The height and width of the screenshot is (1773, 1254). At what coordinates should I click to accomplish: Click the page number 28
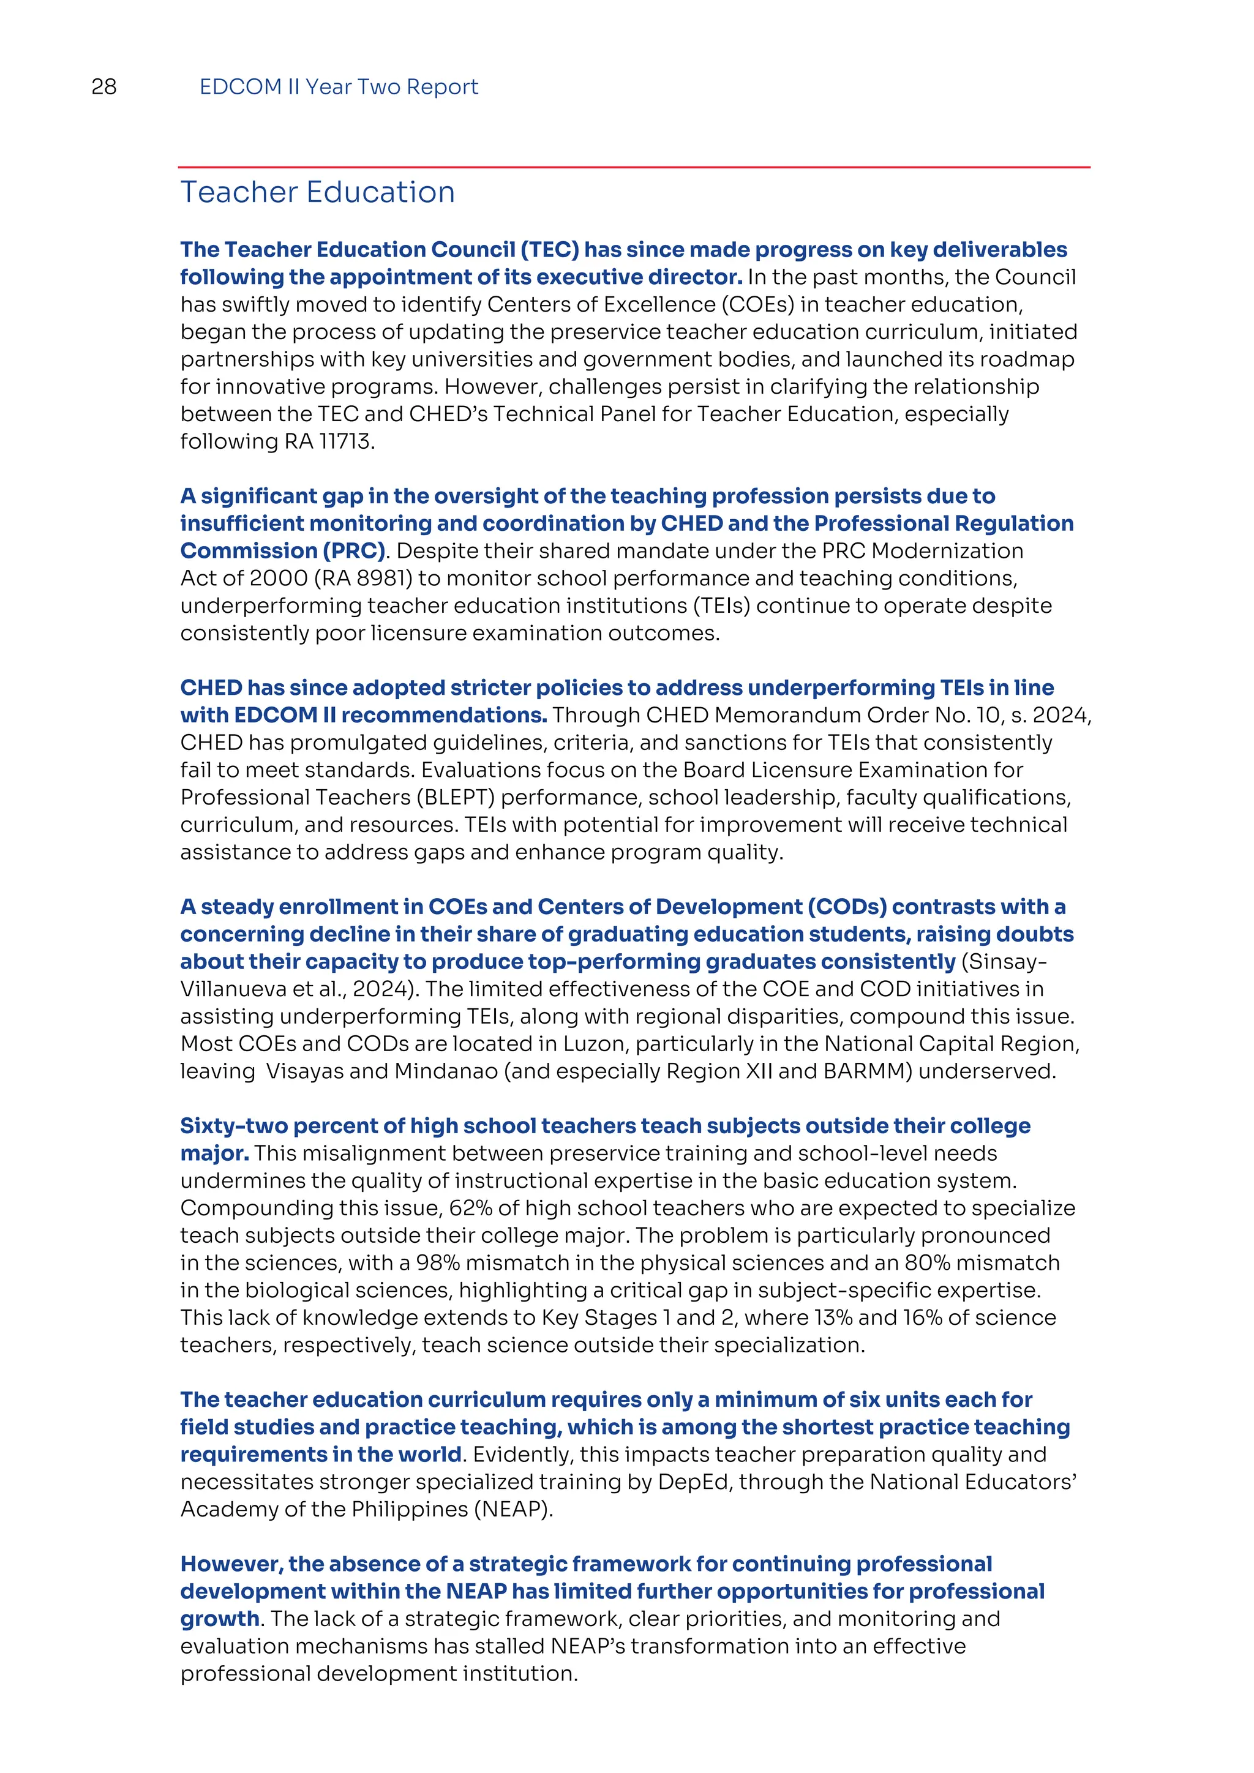click(x=103, y=86)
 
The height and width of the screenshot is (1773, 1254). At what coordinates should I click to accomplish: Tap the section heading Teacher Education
click(x=317, y=192)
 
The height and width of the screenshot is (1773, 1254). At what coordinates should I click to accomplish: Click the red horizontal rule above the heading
click(x=633, y=167)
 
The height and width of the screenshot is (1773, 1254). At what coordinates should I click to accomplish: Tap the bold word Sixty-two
click(x=233, y=1126)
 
